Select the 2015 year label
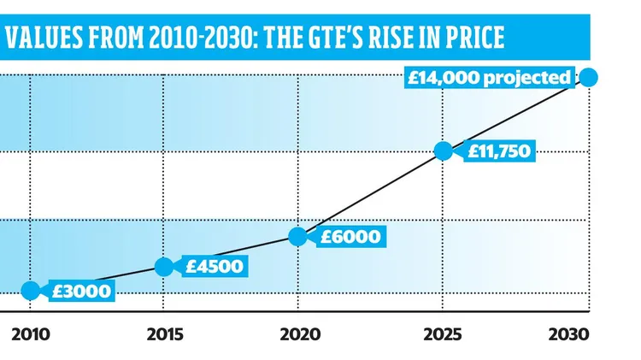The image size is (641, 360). [x=165, y=331]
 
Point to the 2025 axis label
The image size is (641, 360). [x=442, y=331]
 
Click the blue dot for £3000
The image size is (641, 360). [x=30, y=290]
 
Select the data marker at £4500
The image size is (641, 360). [x=165, y=266]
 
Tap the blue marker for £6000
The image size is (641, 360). [x=298, y=237]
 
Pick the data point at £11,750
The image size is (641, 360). [x=443, y=151]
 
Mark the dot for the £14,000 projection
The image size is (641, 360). [x=588, y=78]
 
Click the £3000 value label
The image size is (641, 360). [x=80, y=291]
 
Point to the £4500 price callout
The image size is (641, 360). [x=214, y=266]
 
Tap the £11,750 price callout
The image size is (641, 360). [x=499, y=152]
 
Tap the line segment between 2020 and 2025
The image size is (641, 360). [x=371, y=194]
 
